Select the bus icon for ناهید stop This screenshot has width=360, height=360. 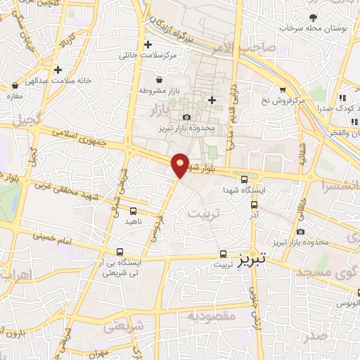[x=134, y=210]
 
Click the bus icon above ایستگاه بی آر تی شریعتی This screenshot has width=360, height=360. [x=120, y=252]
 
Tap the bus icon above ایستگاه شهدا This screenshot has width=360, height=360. [x=244, y=179]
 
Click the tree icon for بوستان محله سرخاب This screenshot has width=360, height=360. [x=311, y=18]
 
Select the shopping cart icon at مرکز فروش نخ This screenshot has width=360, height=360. [x=282, y=90]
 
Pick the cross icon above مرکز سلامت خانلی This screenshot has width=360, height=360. [x=148, y=44]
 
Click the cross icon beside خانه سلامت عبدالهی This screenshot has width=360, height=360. [x=58, y=70]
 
